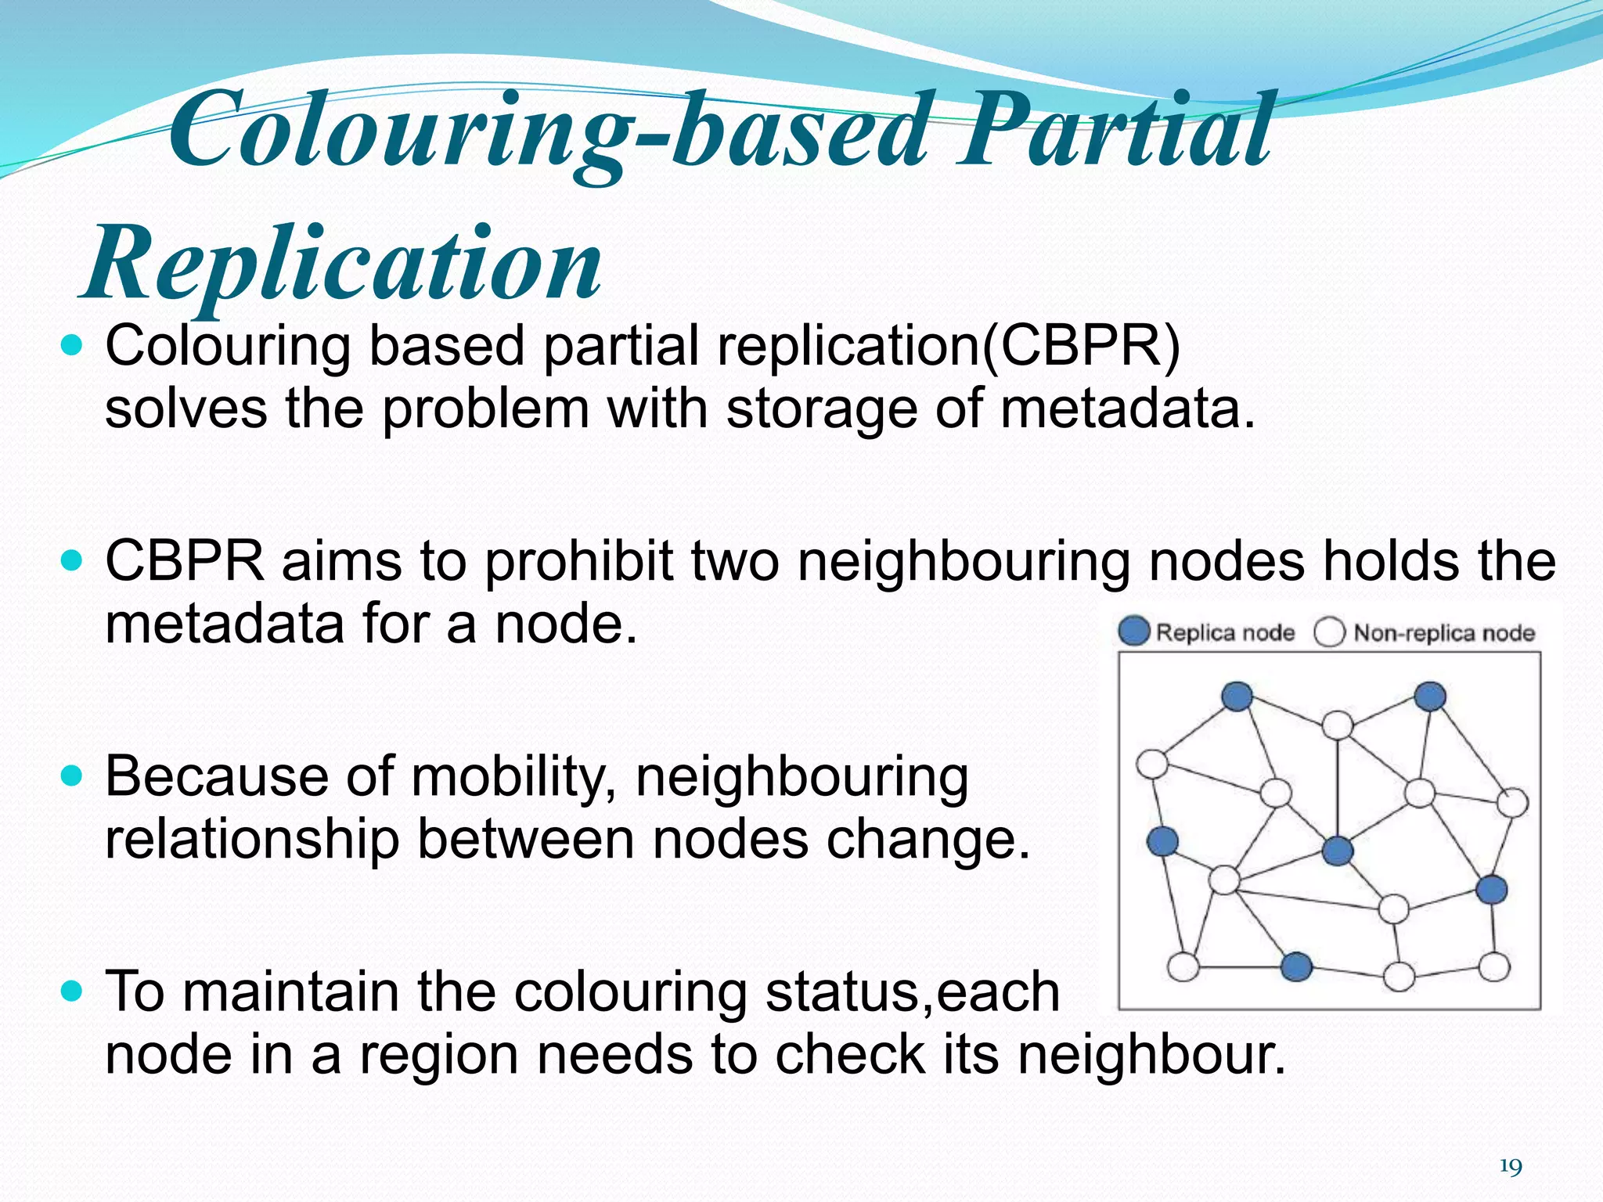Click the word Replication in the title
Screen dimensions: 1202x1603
coord(342,263)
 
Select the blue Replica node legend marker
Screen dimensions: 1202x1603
coord(1133,631)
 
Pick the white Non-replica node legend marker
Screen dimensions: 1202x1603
coord(1329,632)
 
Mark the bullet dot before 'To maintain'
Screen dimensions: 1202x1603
coord(72,991)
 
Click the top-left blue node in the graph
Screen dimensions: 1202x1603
coord(1237,696)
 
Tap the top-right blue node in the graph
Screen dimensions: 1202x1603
coord(1430,696)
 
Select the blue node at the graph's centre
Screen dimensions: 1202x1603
coord(1337,850)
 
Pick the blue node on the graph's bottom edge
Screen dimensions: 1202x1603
coord(1296,966)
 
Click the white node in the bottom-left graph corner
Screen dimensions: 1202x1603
coord(1183,966)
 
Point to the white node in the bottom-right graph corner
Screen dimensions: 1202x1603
coord(1494,966)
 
